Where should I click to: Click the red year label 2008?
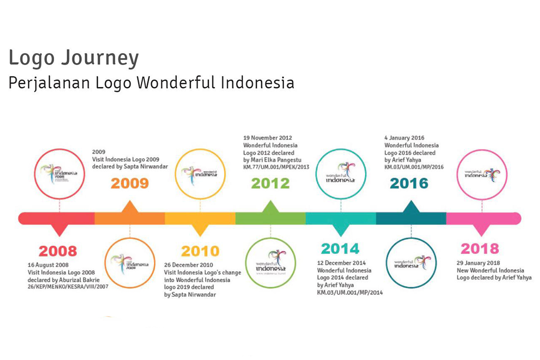tap(58, 250)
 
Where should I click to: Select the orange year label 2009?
tap(130, 184)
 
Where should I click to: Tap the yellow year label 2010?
tap(200, 251)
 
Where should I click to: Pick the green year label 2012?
tap(270, 184)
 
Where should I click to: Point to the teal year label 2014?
tap(340, 248)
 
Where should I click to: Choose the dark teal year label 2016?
tap(409, 184)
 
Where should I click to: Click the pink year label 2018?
tap(480, 248)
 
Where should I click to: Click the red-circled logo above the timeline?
tap(59, 173)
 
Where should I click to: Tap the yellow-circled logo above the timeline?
tap(200, 173)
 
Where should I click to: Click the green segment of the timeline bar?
tap(270, 218)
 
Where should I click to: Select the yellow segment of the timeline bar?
tap(200, 218)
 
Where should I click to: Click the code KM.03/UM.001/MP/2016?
tap(414, 167)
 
